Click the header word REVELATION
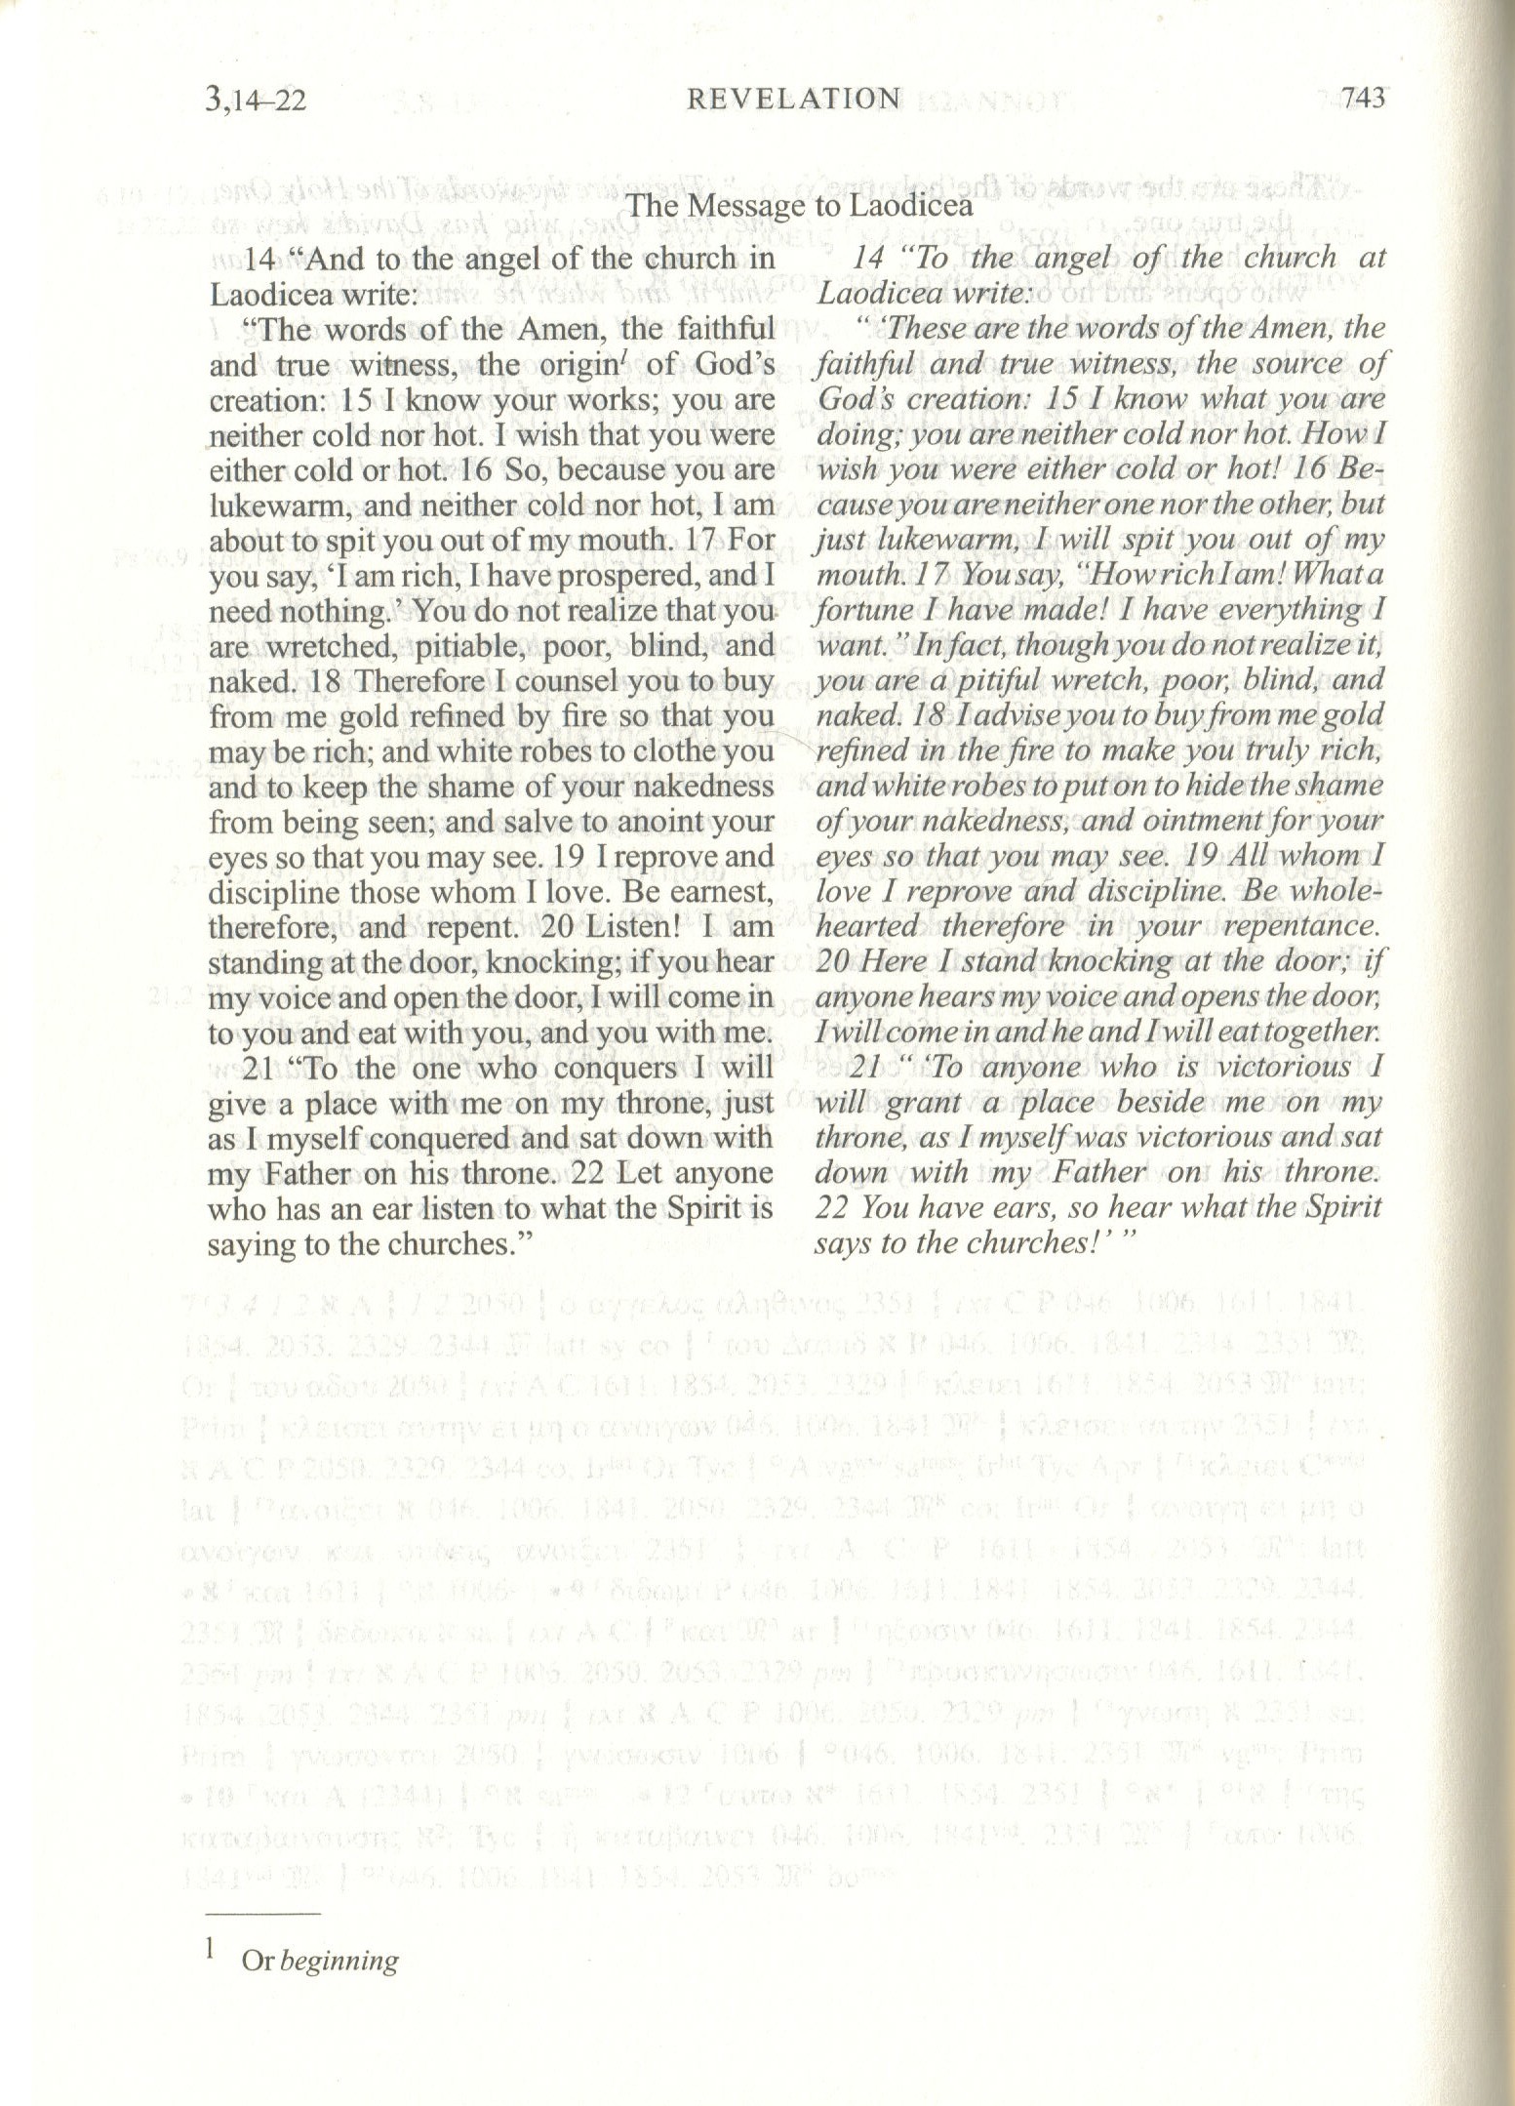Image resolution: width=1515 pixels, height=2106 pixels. coord(793,99)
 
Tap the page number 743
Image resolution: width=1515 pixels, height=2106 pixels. coord(1363,99)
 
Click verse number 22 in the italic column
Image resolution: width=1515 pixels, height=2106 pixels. coord(830,1208)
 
